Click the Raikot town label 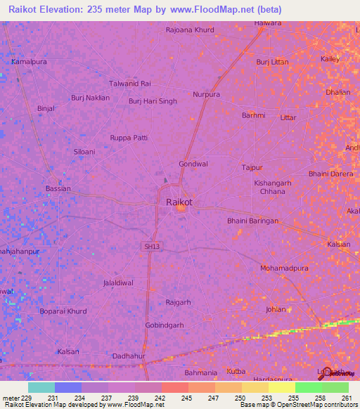pyautogui.click(x=179, y=202)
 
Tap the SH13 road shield pyautogui.click(x=151, y=247)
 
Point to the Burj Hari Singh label pyautogui.click(x=153, y=101)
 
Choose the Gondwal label pyautogui.click(x=193, y=164)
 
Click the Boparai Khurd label pyautogui.click(x=64, y=311)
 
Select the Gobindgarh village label pyautogui.click(x=164, y=325)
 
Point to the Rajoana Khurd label pyautogui.click(x=189, y=30)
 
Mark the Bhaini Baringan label pyautogui.click(x=252, y=221)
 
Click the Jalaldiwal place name pyautogui.click(x=118, y=283)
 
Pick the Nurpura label pyautogui.click(x=207, y=94)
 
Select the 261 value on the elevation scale pyautogui.click(x=347, y=397)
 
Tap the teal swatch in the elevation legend pyautogui.click(x=41, y=387)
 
